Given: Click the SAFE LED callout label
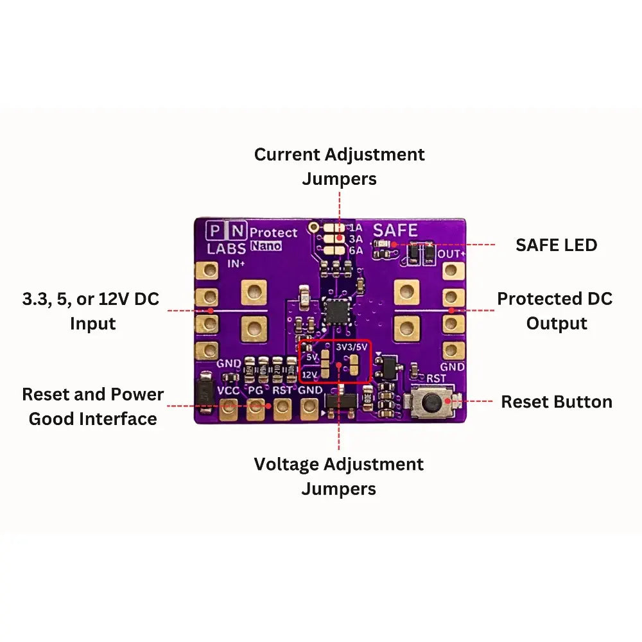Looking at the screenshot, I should (x=556, y=245).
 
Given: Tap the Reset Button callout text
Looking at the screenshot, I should (x=556, y=402).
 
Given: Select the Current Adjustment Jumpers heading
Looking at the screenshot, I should (x=339, y=166).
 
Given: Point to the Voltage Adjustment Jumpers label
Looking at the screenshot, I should (x=339, y=476).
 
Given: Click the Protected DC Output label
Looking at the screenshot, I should (x=555, y=311).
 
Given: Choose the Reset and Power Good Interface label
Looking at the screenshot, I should (x=93, y=406).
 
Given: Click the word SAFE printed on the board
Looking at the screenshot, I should (x=395, y=230).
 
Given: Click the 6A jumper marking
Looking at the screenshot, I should (x=355, y=250).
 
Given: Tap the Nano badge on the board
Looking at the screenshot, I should (x=266, y=246).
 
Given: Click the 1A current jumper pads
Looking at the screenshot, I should (x=334, y=227).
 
